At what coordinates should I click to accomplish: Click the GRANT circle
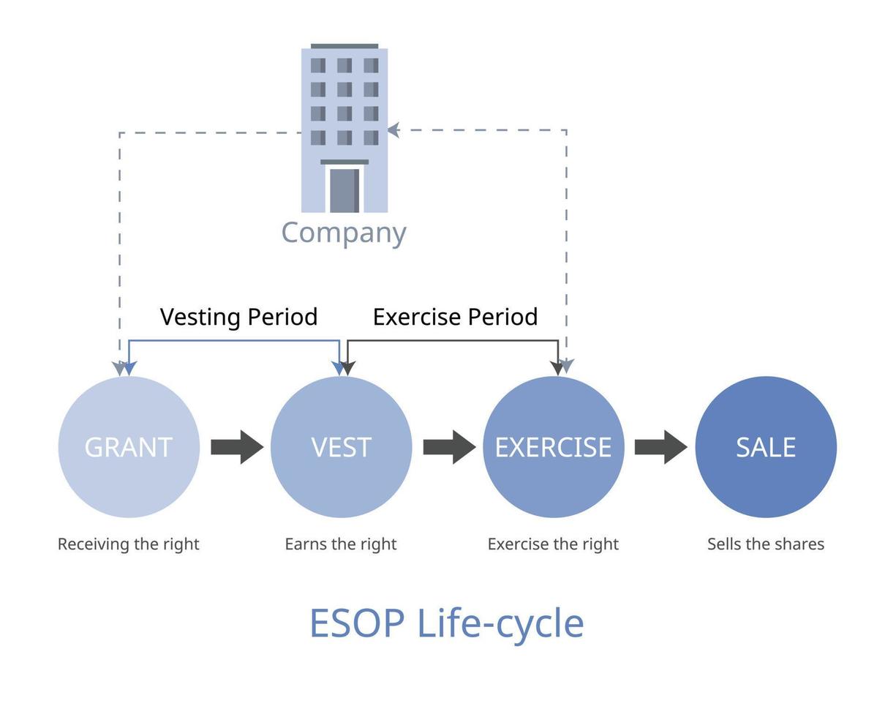point(129,447)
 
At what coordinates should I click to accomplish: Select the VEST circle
point(341,447)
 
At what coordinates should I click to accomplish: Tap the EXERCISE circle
point(553,447)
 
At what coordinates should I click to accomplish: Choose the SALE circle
point(766,447)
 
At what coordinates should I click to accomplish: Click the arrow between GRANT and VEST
point(237,447)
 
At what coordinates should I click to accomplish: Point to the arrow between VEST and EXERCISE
point(449,447)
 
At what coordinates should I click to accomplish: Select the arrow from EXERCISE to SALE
point(660,447)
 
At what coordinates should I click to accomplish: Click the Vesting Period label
point(238,317)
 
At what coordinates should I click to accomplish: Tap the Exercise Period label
point(455,317)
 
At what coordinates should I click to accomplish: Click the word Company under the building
point(344,233)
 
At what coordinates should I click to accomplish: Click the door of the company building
point(344,190)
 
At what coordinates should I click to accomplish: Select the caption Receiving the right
point(129,544)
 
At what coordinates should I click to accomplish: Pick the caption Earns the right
point(341,544)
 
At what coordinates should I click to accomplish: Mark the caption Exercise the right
point(553,544)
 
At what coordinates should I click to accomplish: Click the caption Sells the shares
point(766,544)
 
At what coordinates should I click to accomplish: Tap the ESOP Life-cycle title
point(447,623)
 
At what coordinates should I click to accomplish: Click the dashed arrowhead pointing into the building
point(393,130)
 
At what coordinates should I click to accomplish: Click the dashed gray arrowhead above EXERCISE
point(567,365)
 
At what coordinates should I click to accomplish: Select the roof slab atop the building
point(345,46)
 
